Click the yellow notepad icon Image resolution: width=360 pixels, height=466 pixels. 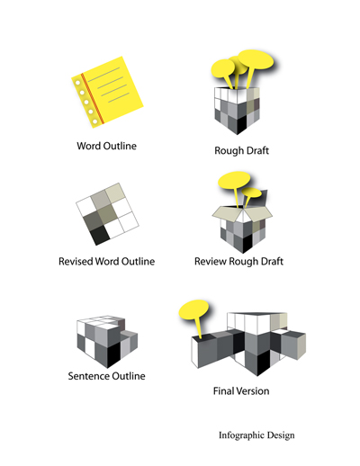point(107,92)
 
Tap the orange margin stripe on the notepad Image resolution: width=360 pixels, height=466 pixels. point(93,98)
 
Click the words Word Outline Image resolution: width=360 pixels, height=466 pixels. point(106,146)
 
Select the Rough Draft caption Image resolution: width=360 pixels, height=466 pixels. point(241,150)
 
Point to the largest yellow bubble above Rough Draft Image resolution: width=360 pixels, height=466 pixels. point(256,59)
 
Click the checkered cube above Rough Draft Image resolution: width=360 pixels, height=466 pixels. point(237,111)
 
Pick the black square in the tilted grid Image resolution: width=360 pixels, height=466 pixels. point(100,235)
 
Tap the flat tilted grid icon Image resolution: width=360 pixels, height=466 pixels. point(107,214)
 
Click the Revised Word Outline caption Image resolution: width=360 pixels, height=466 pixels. point(106,262)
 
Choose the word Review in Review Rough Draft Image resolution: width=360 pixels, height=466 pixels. point(211,262)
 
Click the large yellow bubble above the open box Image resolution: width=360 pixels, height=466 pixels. point(234,180)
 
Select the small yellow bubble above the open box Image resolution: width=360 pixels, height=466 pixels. point(251,193)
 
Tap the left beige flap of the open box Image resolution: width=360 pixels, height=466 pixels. point(224,213)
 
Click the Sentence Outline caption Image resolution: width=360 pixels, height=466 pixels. point(106,376)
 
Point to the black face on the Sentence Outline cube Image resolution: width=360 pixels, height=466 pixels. point(113,355)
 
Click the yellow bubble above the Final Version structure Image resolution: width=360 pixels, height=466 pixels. point(193,309)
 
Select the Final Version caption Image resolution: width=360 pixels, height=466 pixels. point(241,391)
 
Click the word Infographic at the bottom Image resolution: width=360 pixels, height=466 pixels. point(241,435)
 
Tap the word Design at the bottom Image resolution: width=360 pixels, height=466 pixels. point(281,435)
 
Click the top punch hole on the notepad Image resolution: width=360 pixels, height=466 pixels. point(77,83)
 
